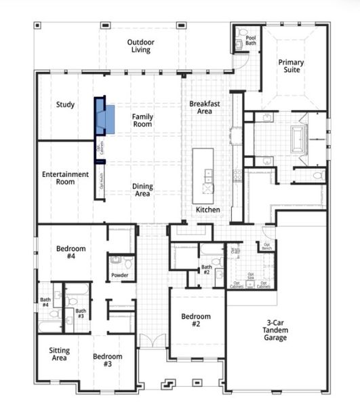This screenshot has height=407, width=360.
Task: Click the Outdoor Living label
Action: click(x=141, y=45)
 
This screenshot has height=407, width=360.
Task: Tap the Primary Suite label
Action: click(x=291, y=66)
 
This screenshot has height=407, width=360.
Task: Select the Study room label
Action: click(x=65, y=104)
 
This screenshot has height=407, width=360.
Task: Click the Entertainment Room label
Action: click(x=65, y=178)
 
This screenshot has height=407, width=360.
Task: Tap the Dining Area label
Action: click(x=142, y=190)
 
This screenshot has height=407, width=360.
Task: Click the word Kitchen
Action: click(x=207, y=210)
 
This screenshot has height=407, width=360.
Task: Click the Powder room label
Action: click(x=119, y=275)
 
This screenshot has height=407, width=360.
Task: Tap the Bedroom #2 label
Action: click(x=195, y=320)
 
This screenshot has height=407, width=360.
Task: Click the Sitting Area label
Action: click(x=59, y=354)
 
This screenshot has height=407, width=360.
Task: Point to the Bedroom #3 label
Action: click(x=107, y=360)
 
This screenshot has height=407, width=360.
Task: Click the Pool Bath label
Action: click(x=251, y=41)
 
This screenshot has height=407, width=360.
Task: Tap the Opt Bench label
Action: click(x=267, y=246)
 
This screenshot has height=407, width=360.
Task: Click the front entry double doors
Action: click(x=153, y=341)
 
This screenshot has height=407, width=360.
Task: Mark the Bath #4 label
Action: click(x=45, y=302)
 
